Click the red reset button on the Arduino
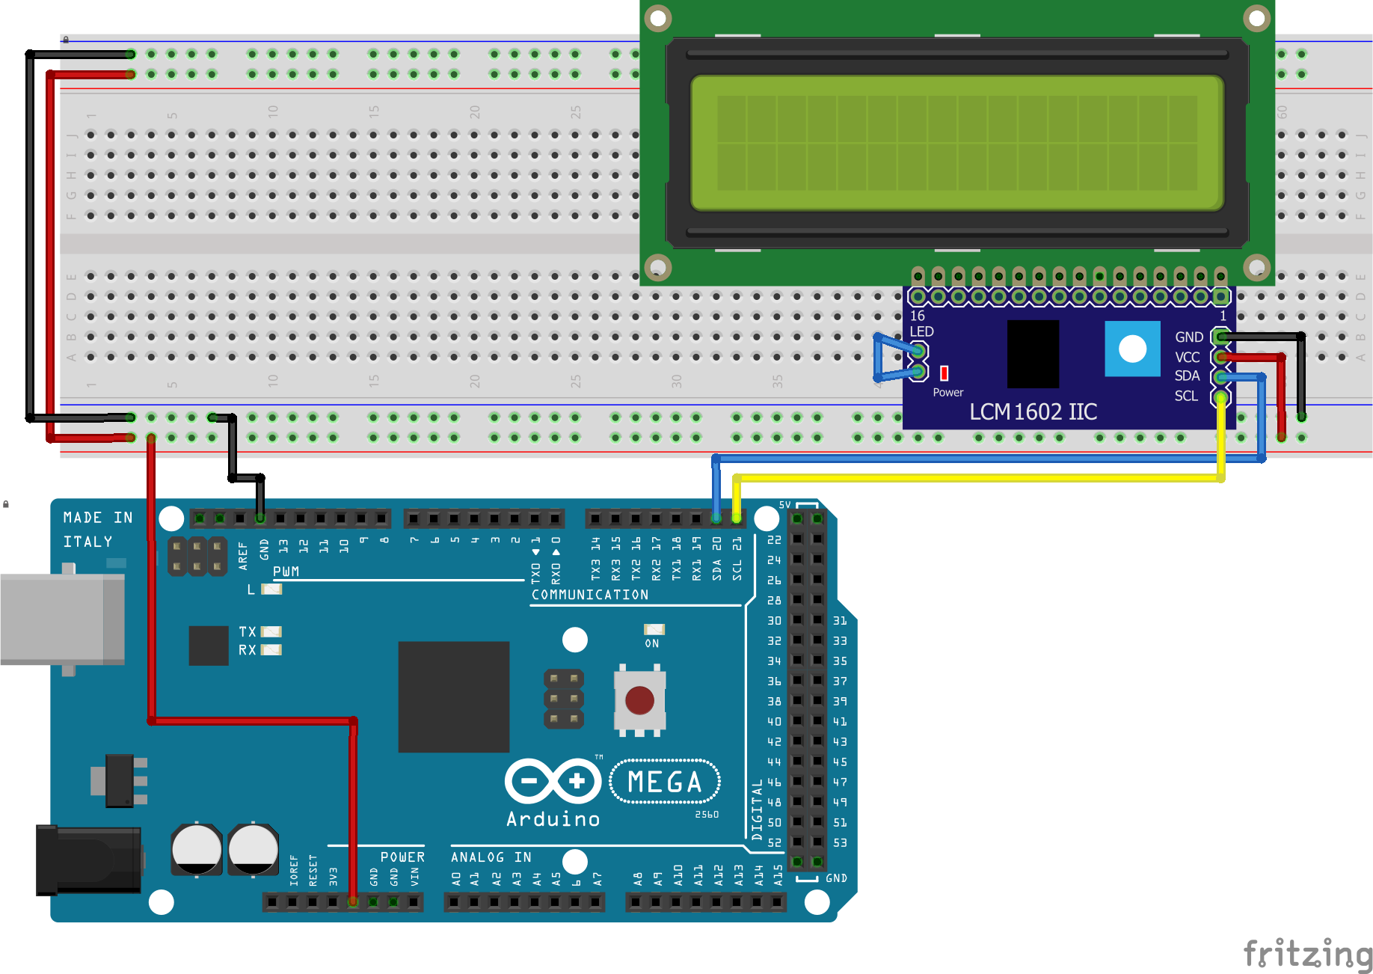tap(639, 701)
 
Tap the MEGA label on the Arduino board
tap(665, 782)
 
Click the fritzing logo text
tap(1307, 955)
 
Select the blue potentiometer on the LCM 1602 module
tap(1132, 349)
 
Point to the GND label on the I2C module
tap(1188, 337)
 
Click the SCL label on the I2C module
tap(1185, 396)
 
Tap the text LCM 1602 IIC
tap(1033, 412)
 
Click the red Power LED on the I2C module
tap(944, 373)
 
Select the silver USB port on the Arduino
tap(62, 619)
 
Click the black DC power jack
tap(88, 860)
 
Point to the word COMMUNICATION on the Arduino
tap(590, 595)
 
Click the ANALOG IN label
tap(491, 857)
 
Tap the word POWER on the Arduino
tap(402, 857)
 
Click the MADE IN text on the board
tap(98, 518)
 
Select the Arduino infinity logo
tap(553, 782)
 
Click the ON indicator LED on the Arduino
tap(654, 630)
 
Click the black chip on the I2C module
tap(1033, 354)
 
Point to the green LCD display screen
tap(956, 142)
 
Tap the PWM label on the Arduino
tap(286, 572)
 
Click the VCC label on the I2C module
tap(1187, 358)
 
